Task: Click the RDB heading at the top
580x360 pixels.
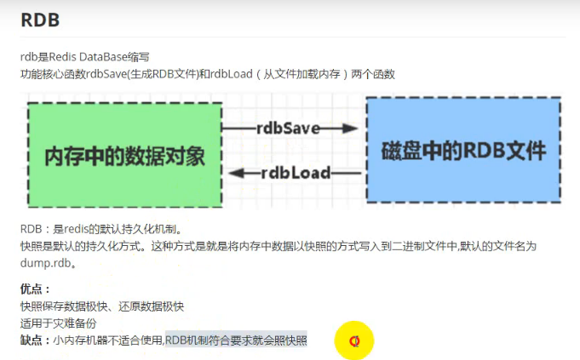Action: [40, 20]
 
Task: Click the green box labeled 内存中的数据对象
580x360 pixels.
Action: [124, 154]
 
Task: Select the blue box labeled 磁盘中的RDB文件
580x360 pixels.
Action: [463, 150]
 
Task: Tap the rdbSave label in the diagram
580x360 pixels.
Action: [288, 129]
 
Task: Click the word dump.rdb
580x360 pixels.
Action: [43, 263]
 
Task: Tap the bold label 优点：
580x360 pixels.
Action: [36, 289]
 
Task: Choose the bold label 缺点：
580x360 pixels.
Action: [36, 340]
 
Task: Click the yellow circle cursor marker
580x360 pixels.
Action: [354, 341]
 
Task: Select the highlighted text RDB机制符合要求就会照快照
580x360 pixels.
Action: [236, 340]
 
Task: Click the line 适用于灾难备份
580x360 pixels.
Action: [59, 323]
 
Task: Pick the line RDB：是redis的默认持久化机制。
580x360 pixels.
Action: [102, 229]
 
